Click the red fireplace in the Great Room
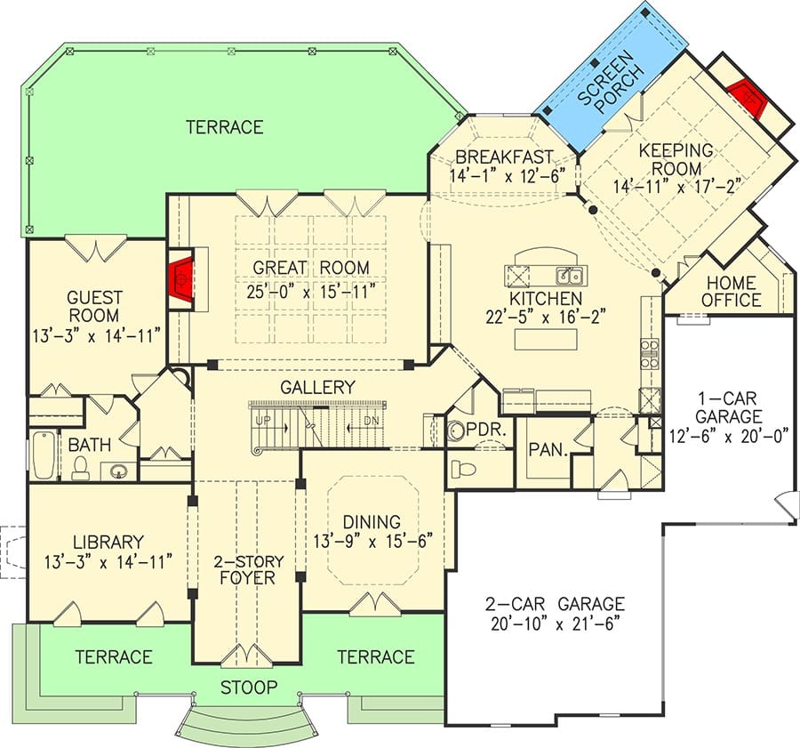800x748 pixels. click(x=181, y=278)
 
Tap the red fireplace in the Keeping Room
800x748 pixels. click(x=747, y=97)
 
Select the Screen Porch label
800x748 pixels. click(x=612, y=84)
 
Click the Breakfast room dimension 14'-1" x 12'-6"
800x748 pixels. click(x=508, y=176)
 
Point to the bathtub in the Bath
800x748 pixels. click(x=44, y=454)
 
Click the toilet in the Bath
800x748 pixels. click(x=80, y=468)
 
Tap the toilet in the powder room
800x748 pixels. click(x=463, y=468)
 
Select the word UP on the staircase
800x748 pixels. click(x=263, y=421)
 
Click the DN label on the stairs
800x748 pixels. click(x=372, y=421)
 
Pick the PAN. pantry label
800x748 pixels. click(x=548, y=450)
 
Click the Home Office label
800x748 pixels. click(x=732, y=291)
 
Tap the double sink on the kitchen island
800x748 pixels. click(x=570, y=276)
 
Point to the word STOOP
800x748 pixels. click(x=249, y=688)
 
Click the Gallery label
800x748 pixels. click(x=317, y=387)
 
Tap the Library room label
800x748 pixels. click(x=108, y=542)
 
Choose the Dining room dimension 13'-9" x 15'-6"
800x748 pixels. click(x=373, y=541)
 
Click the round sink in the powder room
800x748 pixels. click(x=454, y=431)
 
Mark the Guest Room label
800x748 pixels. click(x=93, y=306)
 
